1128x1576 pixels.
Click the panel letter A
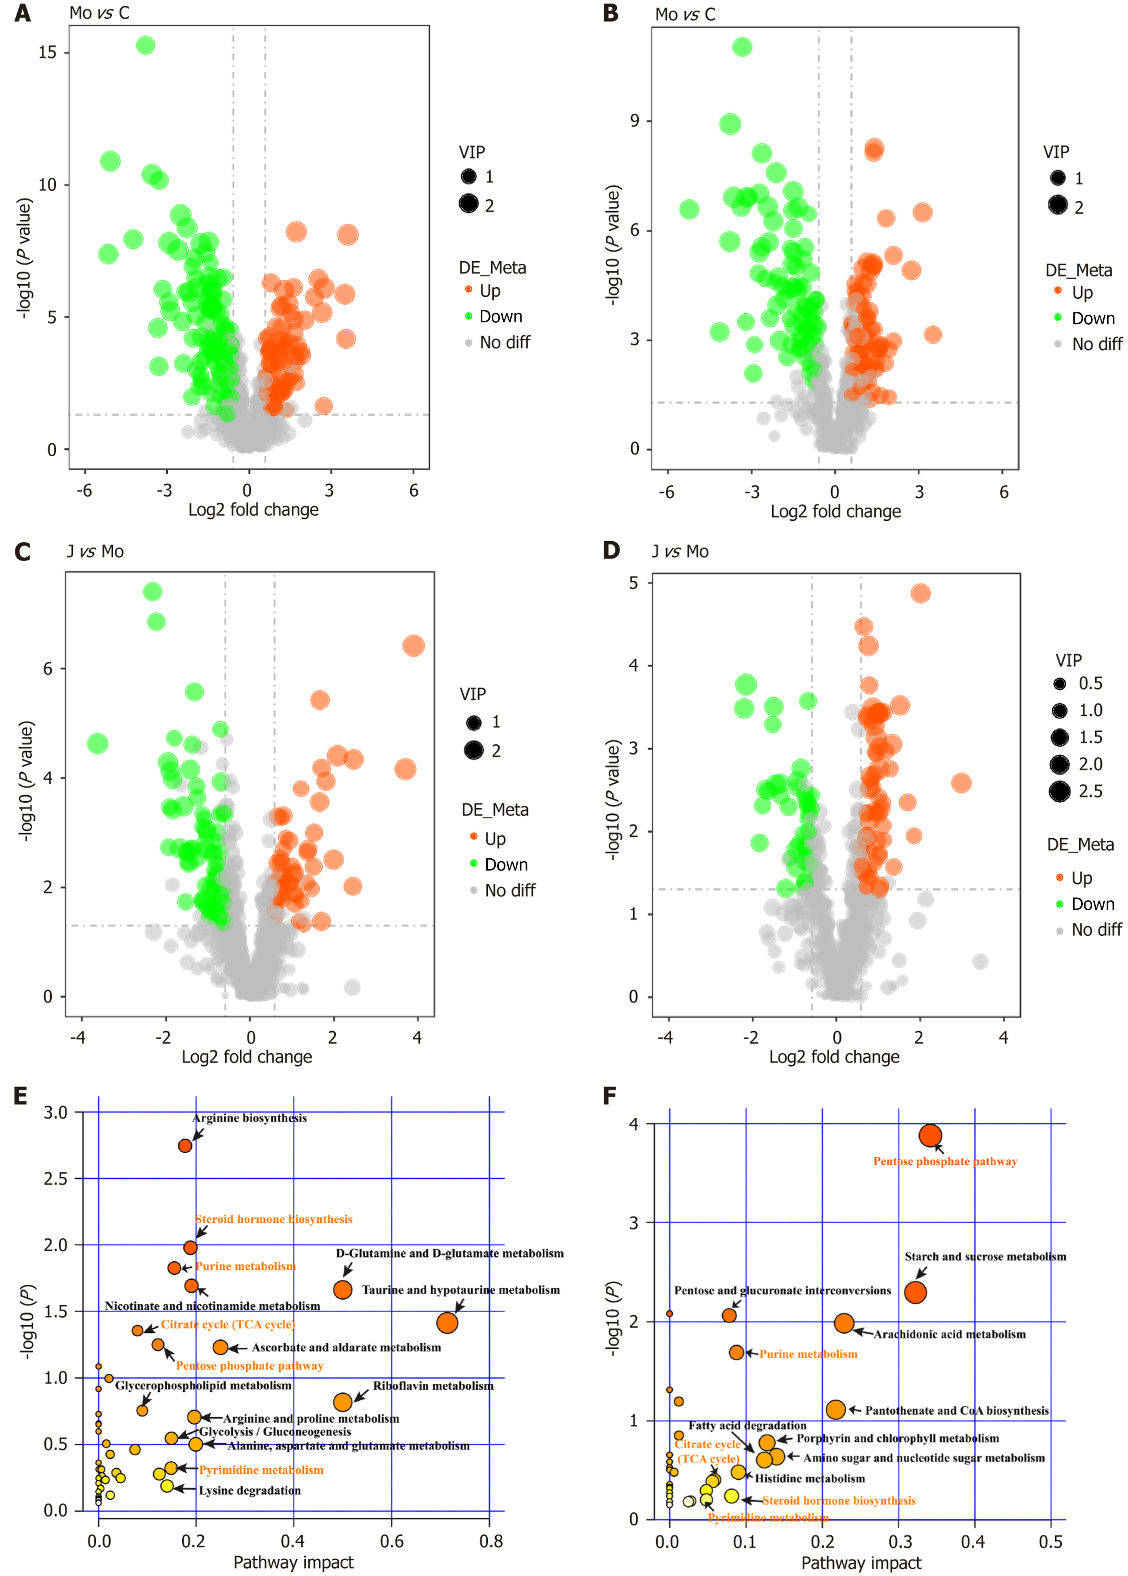pyautogui.click(x=22, y=13)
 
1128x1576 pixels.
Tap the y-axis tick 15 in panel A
pyautogui.click(x=47, y=53)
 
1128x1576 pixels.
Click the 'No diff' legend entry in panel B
pyautogui.click(x=1096, y=344)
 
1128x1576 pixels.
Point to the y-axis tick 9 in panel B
pyautogui.click(x=634, y=121)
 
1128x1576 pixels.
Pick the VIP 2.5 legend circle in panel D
pyautogui.click(x=1059, y=791)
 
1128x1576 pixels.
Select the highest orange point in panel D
pyautogui.click(x=920, y=593)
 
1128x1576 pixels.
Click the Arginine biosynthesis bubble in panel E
pyautogui.click(x=185, y=1145)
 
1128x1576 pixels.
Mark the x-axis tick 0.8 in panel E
pyautogui.click(x=491, y=1542)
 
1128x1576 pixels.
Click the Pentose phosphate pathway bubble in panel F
pyautogui.click(x=930, y=1136)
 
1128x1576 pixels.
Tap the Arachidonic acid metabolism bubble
pyautogui.click(x=844, y=1323)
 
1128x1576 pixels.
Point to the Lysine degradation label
pyautogui.click(x=249, y=1491)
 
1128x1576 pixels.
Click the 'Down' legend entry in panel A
pyautogui.click(x=500, y=317)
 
